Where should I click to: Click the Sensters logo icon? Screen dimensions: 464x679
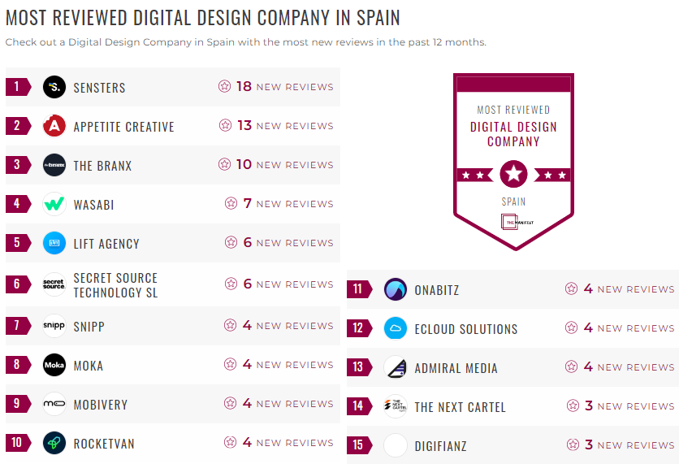point(54,87)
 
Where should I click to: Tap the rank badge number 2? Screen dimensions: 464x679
point(17,126)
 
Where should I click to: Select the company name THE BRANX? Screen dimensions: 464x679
point(102,166)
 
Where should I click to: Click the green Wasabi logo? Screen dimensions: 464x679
point(54,204)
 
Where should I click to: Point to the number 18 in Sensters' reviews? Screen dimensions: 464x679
point(244,86)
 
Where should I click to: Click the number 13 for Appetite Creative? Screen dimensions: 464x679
point(244,125)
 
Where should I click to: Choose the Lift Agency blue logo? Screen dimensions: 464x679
point(54,243)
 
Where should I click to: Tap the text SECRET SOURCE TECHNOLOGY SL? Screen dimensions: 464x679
point(115,285)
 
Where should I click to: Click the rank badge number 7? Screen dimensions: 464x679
point(17,326)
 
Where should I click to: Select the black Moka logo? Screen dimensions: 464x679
point(54,365)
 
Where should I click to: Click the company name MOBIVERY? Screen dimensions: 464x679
point(101,405)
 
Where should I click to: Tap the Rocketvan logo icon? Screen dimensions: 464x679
point(54,443)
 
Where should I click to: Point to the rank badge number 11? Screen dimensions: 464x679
point(358,289)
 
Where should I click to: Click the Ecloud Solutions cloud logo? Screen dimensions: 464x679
point(396,328)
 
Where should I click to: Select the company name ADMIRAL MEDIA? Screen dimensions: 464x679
point(456,368)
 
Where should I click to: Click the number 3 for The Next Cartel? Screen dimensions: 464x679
point(589,405)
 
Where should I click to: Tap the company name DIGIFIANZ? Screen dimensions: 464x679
point(440,446)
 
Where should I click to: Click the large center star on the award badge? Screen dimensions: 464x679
point(513,173)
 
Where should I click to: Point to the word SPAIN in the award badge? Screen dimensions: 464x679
point(513,201)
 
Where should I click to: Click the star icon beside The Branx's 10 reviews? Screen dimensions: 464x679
point(224,164)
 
